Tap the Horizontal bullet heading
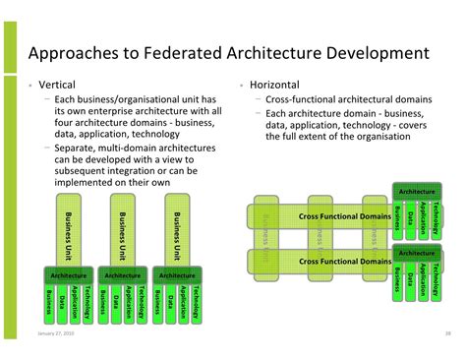pos(274,86)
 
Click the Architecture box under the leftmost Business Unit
pos(69,275)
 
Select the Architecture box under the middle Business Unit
pos(123,275)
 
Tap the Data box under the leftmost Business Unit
pos(62,302)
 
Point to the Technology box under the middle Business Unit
pos(142,302)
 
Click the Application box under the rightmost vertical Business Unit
pos(184,302)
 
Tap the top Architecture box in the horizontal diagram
pos(417,191)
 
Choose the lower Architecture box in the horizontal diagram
pos(417,254)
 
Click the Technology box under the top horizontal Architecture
pos(436,222)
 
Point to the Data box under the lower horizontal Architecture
pos(410,279)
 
